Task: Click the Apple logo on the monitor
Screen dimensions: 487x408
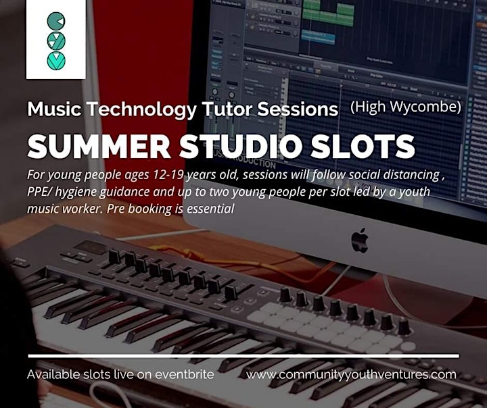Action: pyautogui.click(x=360, y=240)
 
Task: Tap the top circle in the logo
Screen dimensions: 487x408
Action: pyautogui.click(x=56, y=21)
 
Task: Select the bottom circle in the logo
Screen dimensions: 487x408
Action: pyautogui.click(x=56, y=61)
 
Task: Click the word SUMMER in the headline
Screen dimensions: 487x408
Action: pyautogui.click(x=99, y=147)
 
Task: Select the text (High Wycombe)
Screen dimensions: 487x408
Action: pyautogui.click(x=406, y=107)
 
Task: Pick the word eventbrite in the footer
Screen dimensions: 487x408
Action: pyautogui.click(x=185, y=374)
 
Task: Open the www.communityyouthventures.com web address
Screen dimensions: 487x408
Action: pyautogui.click(x=351, y=374)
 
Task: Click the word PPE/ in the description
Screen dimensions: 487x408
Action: pyautogui.click(x=38, y=192)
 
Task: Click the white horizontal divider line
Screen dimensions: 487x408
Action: pyautogui.click(x=243, y=356)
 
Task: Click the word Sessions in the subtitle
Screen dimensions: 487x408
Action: pyautogui.click(x=298, y=109)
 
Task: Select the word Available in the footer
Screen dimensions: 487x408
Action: pyautogui.click(x=53, y=374)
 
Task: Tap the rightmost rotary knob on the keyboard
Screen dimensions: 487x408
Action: pyautogui.click(x=404, y=326)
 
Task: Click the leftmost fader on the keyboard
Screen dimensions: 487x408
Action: pyautogui.click(x=114, y=257)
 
